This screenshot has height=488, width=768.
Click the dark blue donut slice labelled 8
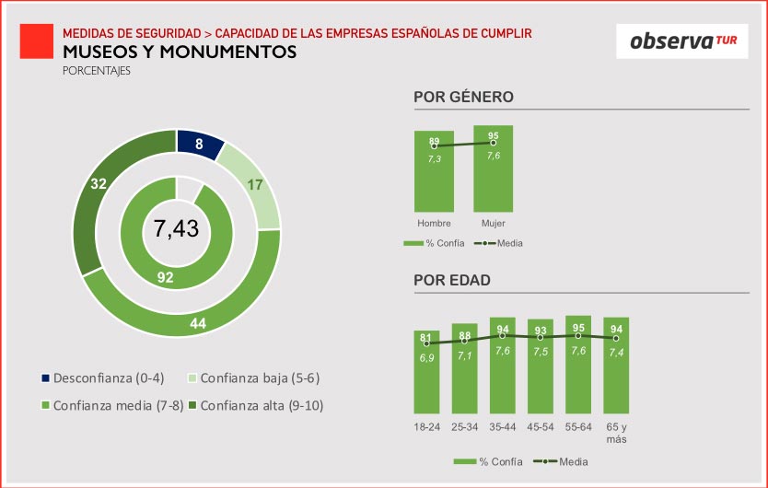tap(199, 144)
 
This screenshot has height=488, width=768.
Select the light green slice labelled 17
tap(255, 185)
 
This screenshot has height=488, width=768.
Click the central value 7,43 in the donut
tap(176, 228)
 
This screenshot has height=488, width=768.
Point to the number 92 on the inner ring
tap(166, 275)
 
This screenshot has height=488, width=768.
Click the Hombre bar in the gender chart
tap(434, 180)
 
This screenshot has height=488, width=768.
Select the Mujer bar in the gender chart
tap(493, 175)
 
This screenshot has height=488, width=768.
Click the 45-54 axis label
tap(541, 428)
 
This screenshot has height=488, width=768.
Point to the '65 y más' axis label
tap(616, 434)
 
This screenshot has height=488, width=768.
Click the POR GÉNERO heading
tap(463, 97)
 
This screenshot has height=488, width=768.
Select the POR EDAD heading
tap(451, 280)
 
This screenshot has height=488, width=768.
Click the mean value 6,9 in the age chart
tap(427, 357)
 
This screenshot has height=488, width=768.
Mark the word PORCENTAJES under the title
tap(97, 70)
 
